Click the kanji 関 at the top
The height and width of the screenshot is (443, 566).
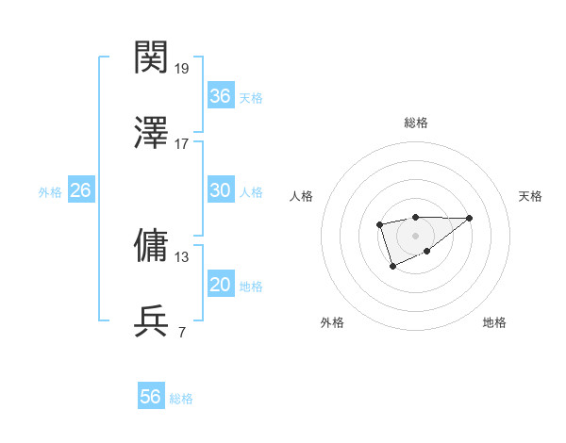pyautogui.click(x=152, y=57)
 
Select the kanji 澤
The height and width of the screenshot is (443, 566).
pyautogui.click(x=152, y=133)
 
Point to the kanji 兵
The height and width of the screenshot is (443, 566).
pyautogui.click(x=152, y=320)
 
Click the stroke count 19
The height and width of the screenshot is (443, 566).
pyautogui.click(x=182, y=69)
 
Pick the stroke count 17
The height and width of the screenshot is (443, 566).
pyautogui.click(x=182, y=144)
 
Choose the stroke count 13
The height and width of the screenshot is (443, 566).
pyautogui.click(x=182, y=256)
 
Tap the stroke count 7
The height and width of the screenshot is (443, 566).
pyautogui.click(x=181, y=332)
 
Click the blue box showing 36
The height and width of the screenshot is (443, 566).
pyautogui.click(x=220, y=96)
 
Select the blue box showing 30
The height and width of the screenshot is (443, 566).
pyautogui.click(x=220, y=190)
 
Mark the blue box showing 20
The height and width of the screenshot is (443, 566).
pyautogui.click(x=220, y=285)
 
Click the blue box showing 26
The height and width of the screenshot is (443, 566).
pyautogui.click(x=80, y=190)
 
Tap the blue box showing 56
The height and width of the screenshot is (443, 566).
pyautogui.click(x=150, y=397)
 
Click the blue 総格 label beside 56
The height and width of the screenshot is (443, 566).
pyautogui.click(x=181, y=399)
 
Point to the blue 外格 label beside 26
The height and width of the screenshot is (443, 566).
pyautogui.click(x=50, y=192)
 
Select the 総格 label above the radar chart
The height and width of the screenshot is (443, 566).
pyautogui.click(x=416, y=123)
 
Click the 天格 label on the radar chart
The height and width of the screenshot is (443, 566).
pyautogui.click(x=530, y=196)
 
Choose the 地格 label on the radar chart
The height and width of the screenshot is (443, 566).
pyautogui.click(x=494, y=323)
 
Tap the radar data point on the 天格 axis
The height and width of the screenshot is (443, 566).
pyautogui.click(x=470, y=218)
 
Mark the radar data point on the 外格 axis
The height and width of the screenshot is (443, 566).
pyautogui.click(x=392, y=268)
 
